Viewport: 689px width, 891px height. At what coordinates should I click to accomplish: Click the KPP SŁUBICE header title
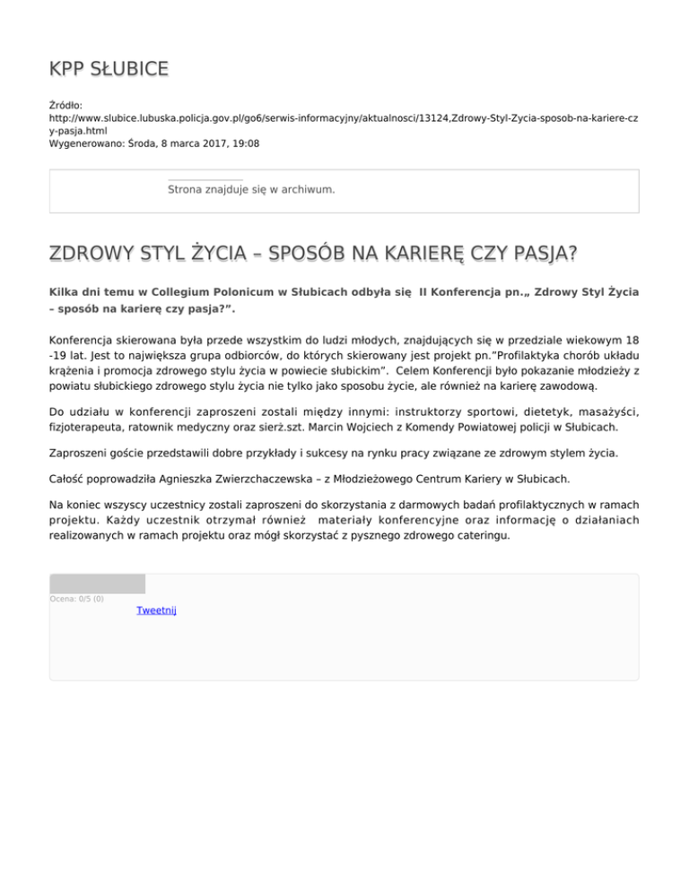pos(109,69)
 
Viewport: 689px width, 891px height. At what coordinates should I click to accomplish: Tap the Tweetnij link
pos(156,610)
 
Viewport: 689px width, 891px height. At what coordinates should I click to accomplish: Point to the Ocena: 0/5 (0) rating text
pos(76,599)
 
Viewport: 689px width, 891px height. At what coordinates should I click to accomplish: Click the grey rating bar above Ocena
pos(97,584)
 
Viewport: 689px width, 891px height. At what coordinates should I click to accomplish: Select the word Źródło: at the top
pos(65,106)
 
